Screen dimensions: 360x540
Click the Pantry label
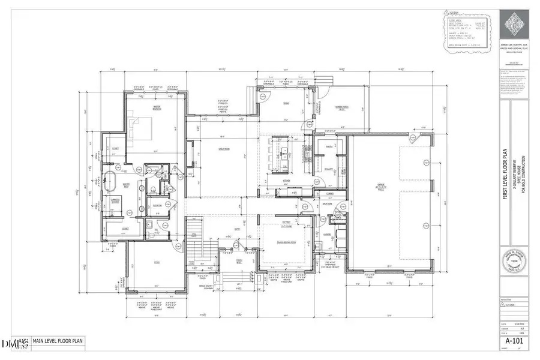(x=328, y=146)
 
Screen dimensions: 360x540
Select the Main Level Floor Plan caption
(x=58, y=343)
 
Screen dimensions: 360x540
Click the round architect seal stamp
(x=511, y=262)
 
